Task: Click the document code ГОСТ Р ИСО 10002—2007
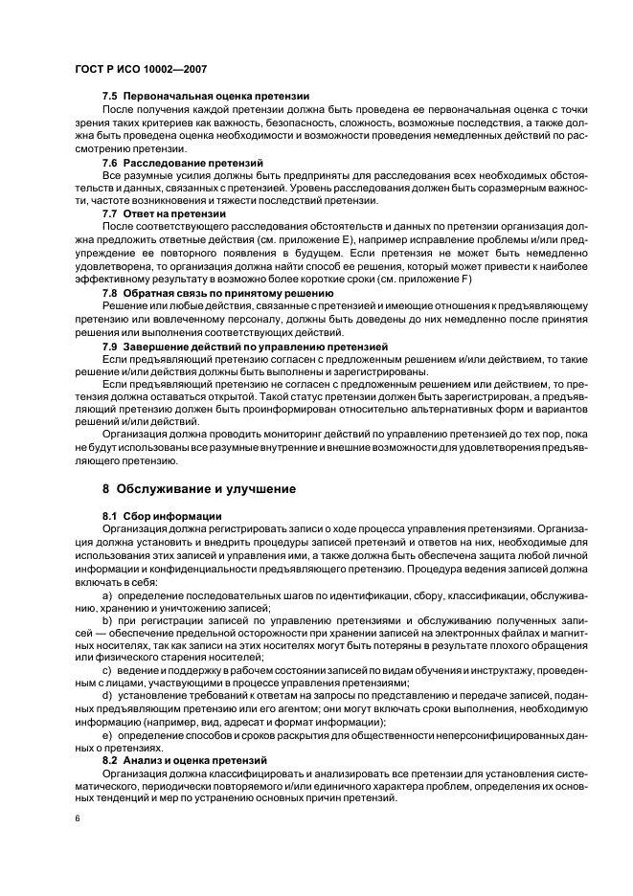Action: tap(141, 70)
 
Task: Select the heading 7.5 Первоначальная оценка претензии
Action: tap(205, 97)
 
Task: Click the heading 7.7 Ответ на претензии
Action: tap(164, 213)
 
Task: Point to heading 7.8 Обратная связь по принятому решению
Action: tap(217, 292)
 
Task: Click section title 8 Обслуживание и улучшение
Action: tap(199, 488)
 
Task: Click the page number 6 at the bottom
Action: tap(76, 819)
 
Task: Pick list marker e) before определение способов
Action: tap(106, 732)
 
